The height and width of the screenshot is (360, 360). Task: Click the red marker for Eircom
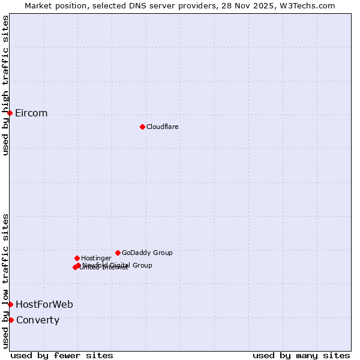10,113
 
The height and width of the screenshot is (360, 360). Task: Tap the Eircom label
31,113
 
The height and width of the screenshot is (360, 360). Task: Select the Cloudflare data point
142,127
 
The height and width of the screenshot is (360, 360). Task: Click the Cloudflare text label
163,127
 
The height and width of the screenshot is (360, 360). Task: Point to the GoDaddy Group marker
118,253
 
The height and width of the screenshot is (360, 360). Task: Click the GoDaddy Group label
147,253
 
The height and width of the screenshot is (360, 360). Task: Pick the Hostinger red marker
77,258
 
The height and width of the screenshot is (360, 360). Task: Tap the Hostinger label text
96,259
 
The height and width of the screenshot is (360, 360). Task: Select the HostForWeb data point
10,304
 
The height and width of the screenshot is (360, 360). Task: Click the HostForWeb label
44,305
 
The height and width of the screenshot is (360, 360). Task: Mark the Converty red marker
11,320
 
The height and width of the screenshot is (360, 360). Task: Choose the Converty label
38,320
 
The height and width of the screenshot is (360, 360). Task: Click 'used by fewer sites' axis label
62,355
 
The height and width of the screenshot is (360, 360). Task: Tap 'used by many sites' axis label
301,355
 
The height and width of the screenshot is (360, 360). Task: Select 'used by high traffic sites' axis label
6,85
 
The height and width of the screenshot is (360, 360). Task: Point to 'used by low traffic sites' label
6,280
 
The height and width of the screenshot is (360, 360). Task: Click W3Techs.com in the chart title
310,5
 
